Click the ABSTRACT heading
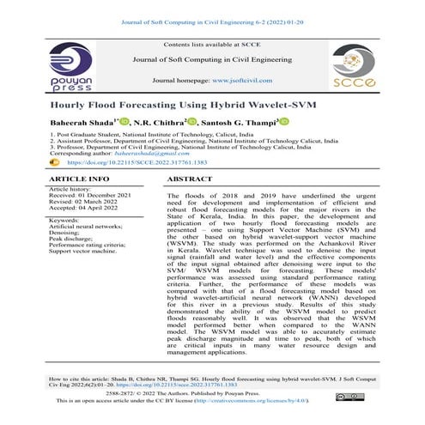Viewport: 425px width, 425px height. point(189,179)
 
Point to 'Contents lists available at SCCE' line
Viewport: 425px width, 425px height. point(212,43)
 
